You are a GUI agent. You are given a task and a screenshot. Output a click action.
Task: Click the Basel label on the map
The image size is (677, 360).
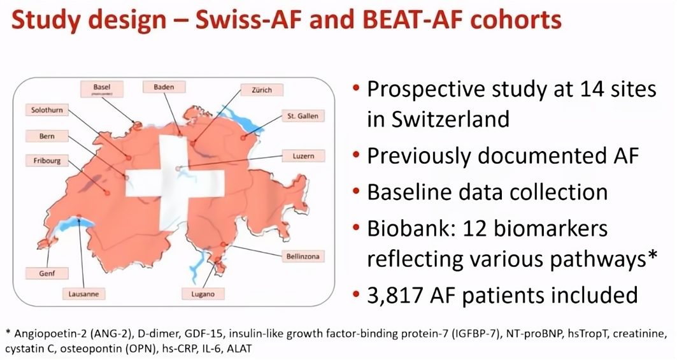[101, 89]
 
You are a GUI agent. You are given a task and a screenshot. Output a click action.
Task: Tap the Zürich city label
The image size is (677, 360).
[262, 90]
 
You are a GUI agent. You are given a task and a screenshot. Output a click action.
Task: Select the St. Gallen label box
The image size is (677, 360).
[303, 116]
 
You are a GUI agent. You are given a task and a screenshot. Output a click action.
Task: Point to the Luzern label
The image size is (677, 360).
[303, 155]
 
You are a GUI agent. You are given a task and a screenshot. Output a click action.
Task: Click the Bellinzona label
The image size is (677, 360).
[303, 256]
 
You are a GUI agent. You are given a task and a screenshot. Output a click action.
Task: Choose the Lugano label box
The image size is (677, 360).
[203, 294]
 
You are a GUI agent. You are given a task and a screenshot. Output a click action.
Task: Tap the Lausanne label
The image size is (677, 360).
[84, 294]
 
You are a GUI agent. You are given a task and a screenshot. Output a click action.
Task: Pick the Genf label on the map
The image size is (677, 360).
[47, 273]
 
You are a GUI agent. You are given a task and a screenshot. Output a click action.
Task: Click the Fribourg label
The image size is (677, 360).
[47, 161]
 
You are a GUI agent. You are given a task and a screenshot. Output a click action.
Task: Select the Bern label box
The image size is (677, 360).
[47, 136]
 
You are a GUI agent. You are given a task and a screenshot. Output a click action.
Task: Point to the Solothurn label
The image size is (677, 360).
[47, 110]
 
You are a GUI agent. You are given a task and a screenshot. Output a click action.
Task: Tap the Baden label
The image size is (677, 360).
[164, 87]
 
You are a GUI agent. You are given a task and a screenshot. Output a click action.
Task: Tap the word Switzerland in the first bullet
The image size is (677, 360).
[438, 119]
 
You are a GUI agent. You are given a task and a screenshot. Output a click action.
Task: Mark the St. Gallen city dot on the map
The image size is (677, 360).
[243, 138]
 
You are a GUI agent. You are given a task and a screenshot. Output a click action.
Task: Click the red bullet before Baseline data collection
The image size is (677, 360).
[356, 191]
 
